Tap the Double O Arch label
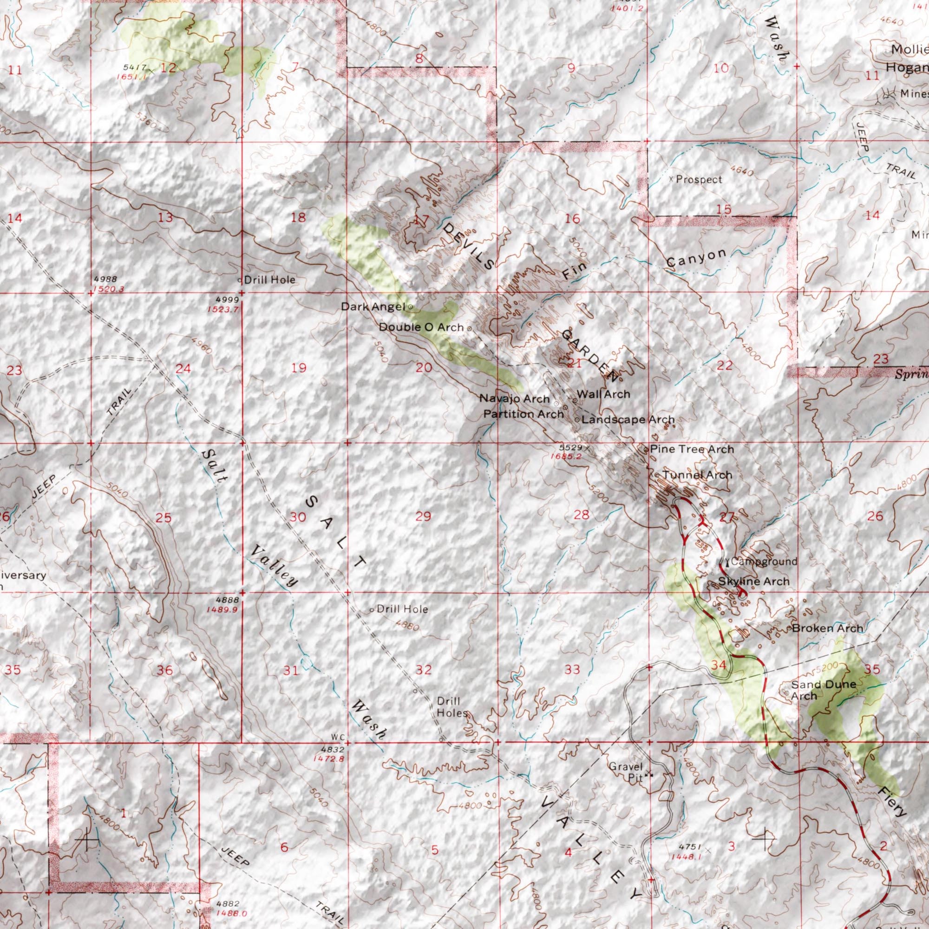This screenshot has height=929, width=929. (x=421, y=327)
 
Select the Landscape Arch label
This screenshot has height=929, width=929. (x=628, y=420)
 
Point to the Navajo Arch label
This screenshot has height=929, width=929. (x=514, y=399)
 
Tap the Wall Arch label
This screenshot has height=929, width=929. (x=603, y=394)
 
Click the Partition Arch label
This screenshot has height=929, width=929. (x=523, y=413)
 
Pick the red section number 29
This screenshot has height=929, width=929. (x=423, y=517)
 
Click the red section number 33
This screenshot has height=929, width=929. (x=573, y=669)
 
